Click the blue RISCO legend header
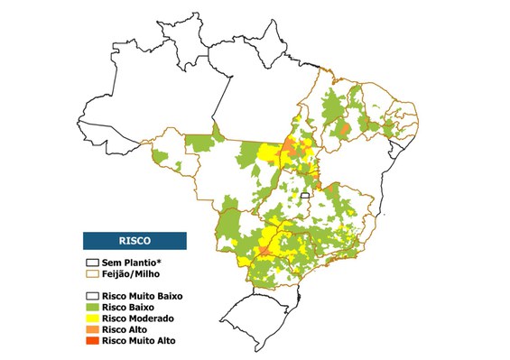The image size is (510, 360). click(x=134, y=241)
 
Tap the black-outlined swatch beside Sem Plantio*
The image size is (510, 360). click(x=91, y=261)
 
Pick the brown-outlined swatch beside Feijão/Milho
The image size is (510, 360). click(x=91, y=272)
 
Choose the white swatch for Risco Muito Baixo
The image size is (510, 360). click(x=91, y=296)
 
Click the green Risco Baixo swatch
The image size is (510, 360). click(x=91, y=308)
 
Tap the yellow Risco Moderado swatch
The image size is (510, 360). click(x=91, y=318)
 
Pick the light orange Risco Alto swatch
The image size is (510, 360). click(x=91, y=330)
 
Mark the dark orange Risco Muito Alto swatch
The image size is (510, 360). click(x=91, y=341)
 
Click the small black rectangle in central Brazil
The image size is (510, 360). click(x=305, y=195)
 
